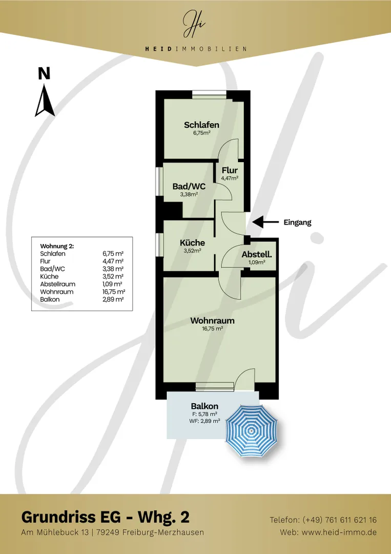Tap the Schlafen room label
pos(201,125)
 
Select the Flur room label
pos(230,171)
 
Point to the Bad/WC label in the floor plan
pos(189,186)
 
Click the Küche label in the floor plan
pos(192,243)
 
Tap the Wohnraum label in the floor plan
pos(212,321)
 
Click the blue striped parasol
pos(251,431)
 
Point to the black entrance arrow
pos(264,222)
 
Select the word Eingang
pos(298,223)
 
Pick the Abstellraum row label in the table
pos(57,284)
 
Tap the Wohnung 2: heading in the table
pos(57,246)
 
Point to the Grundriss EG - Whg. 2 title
pos(105,517)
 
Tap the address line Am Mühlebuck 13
pos(55,532)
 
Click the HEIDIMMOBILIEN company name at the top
pos(196,49)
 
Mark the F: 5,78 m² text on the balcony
pos(204,414)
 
